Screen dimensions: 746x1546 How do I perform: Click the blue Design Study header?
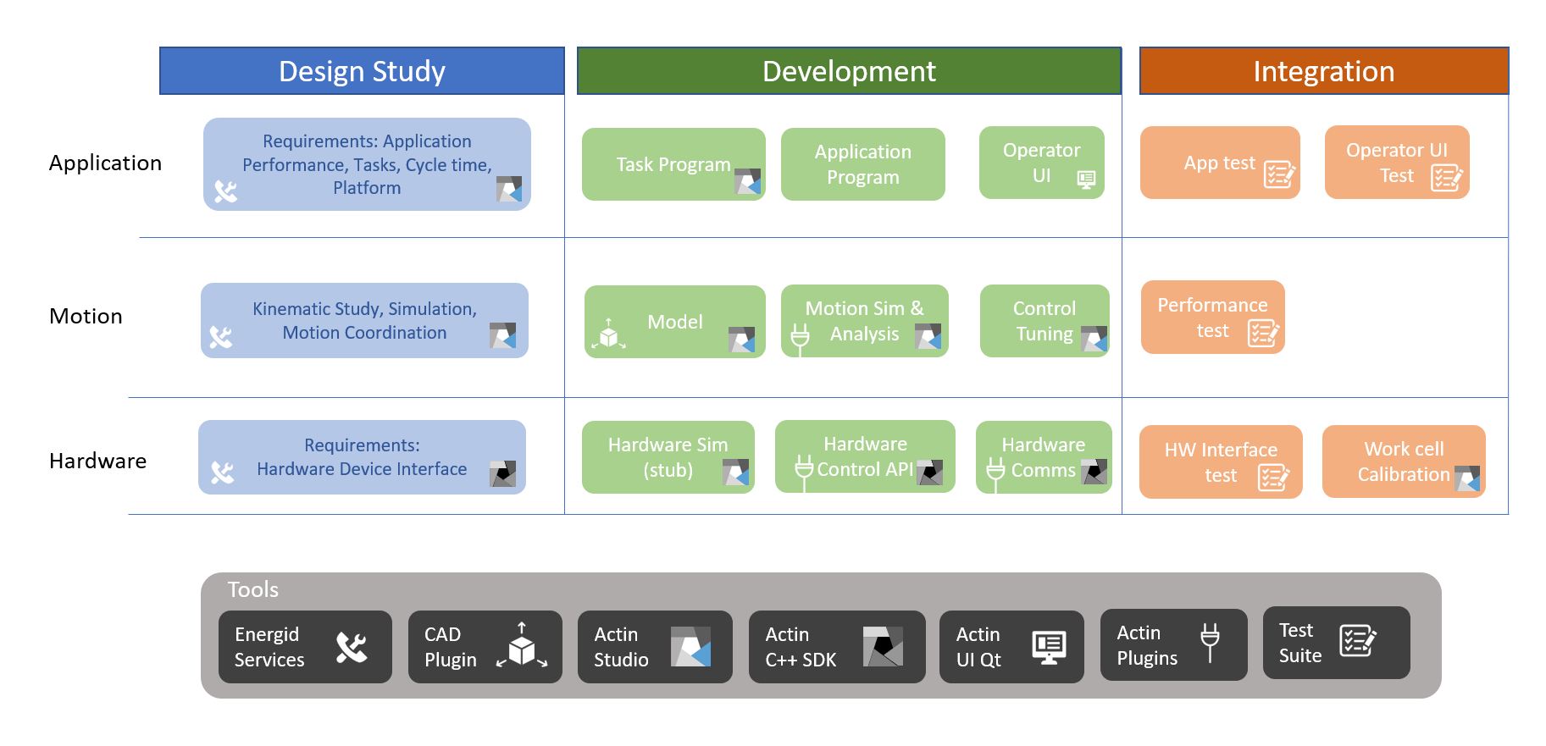(x=362, y=71)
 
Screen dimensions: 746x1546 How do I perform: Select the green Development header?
(x=849, y=71)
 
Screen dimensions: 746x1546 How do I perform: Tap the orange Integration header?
(x=1323, y=71)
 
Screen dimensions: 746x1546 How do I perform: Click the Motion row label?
(x=86, y=316)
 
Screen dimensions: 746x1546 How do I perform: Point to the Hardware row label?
(x=97, y=461)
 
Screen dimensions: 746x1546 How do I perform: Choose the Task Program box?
(x=673, y=164)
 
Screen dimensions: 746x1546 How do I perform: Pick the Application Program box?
(x=862, y=164)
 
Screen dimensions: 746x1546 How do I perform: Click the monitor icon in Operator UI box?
(x=1086, y=179)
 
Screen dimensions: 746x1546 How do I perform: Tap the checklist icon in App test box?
(x=1278, y=174)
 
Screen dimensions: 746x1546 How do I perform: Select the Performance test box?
(x=1212, y=317)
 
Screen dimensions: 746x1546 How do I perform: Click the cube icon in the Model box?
(x=608, y=335)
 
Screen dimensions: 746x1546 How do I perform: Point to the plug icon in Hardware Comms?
(x=996, y=471)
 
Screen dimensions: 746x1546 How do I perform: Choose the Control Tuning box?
(x=1044, y=321)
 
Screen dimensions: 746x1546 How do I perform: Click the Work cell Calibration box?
(x=1403, y=461)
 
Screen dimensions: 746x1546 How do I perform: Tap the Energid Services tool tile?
(x=305, y=647)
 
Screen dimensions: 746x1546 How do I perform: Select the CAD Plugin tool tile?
(x=485, y=647)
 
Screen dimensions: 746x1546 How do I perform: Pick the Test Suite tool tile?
(x=1335, y=643)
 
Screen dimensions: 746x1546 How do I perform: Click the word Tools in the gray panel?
(x=252, y=589)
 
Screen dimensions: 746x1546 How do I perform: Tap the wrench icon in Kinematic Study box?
(x=221, y=337)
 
